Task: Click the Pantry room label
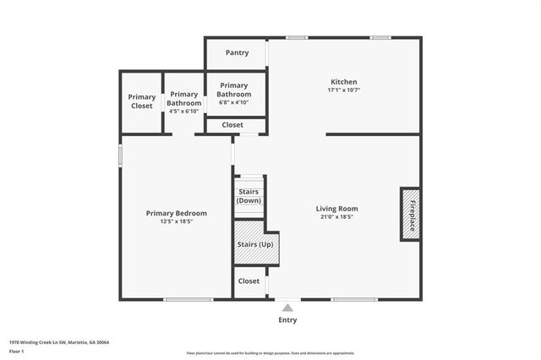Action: [237, 52]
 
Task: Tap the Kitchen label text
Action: [343, 81]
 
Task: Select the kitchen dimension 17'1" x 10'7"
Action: [343, 90]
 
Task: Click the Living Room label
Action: [336, 208]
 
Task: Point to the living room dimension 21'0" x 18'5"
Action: [336, 217]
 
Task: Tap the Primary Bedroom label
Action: [176, 213]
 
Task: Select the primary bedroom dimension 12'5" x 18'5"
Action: [176, 222]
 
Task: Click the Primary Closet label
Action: [142, 102]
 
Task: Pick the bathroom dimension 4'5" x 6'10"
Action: [183, 112]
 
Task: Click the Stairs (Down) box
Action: [249, 196]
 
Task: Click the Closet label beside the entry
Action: [249, 281]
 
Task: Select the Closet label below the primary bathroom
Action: [232, 125]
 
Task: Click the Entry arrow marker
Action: [287, 308]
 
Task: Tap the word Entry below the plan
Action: [287, 320]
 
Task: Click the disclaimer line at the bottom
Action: [270, 353]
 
